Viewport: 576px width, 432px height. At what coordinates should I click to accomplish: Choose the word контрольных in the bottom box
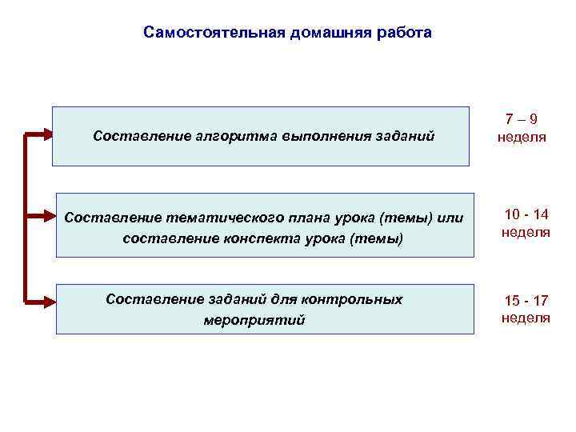[x=355, y=299]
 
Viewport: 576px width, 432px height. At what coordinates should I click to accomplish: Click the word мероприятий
[x=254, y=320]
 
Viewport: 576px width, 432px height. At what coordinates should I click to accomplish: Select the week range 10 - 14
[x=526, y=214]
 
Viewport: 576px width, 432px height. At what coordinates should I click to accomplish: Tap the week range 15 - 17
[x=526, y=301]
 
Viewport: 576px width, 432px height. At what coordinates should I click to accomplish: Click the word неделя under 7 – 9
[x=522, y=137]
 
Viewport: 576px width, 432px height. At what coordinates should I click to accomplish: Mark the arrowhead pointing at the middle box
[x=48, y=216]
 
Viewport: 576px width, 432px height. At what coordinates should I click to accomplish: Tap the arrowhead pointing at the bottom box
[x=48, y=302]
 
